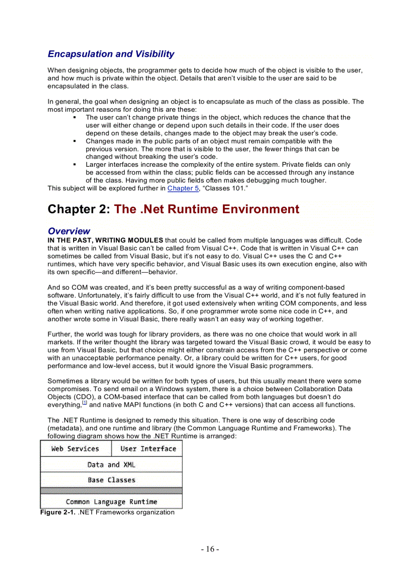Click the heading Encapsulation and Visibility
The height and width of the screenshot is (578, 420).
[x=111, y=54]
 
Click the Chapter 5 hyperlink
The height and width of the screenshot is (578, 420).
[x=183, y=188]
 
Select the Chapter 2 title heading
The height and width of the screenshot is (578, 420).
[x=173, y=209]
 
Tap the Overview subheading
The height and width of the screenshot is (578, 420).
[x=68, y=231]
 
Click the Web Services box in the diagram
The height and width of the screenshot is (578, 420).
[x=75, y=449]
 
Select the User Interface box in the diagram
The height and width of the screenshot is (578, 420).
[x=148, y=449]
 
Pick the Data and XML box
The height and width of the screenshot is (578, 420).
[x=111, y=465]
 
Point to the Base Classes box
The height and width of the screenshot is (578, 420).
[x=111, y=480]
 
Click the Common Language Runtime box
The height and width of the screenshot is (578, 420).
[x=111, y=502]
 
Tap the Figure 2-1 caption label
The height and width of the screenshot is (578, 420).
[x=58, y=513]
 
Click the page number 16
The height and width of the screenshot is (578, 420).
[x=210, y=549]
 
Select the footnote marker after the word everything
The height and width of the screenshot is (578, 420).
[x=85, y=402]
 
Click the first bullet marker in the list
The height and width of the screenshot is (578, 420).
[x=75, y=118]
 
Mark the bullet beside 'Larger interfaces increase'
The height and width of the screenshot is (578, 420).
[x=75, y=165]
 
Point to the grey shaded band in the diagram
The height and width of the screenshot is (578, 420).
[x=111, y=491]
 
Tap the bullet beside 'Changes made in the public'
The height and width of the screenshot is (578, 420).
[x=75, y=142]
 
